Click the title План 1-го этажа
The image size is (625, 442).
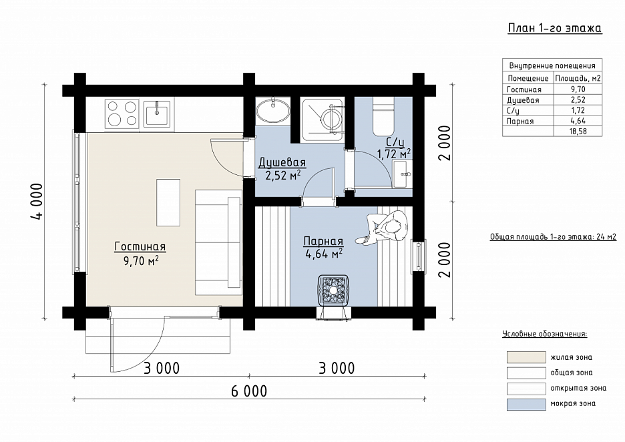pos(554,28)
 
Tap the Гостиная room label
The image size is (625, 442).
pos(140,247)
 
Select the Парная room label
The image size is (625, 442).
pos(323,241)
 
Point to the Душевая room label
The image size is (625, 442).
pos(282,162)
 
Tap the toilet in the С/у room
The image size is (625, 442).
pos(383,116)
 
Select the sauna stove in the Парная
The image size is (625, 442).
pos(333,292)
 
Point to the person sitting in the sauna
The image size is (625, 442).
pos(384,228)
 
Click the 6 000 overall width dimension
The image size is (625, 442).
pos(249,391)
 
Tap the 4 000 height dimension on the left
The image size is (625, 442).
pos(37,201)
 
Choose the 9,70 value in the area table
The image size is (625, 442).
pos(578,89)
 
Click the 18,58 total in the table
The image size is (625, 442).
pos(578,131)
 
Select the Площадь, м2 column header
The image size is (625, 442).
pos(578,78)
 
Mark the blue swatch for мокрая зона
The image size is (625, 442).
pos(526,404)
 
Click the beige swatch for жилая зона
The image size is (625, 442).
pos(526,357)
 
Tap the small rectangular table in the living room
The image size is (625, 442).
pos(168,202)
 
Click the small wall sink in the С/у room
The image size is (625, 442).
pos(403,174)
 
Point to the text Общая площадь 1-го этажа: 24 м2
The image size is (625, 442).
pos(554,237)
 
